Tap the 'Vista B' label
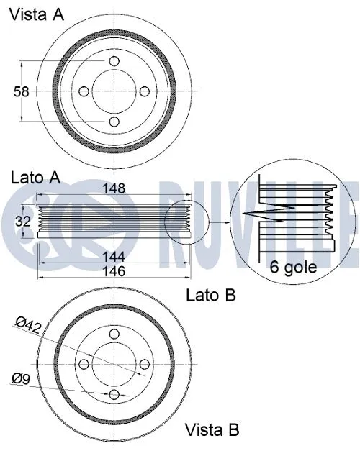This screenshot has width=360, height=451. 212,430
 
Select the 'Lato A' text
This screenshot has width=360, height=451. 35,177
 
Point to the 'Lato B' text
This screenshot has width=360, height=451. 211,294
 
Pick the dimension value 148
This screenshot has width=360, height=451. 114,189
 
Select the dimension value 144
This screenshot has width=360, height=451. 114,256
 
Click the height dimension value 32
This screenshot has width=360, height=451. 23,222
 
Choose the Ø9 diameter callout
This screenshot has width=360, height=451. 22,377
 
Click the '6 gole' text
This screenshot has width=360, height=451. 292,268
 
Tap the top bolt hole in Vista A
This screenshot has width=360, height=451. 114,62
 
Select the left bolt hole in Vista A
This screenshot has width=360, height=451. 84,92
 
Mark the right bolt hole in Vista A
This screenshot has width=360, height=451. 145,92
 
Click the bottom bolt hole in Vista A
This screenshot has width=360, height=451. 114,122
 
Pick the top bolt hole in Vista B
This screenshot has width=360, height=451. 114,335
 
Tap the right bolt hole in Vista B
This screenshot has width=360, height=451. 144,365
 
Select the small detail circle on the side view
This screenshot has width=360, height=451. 186,221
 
